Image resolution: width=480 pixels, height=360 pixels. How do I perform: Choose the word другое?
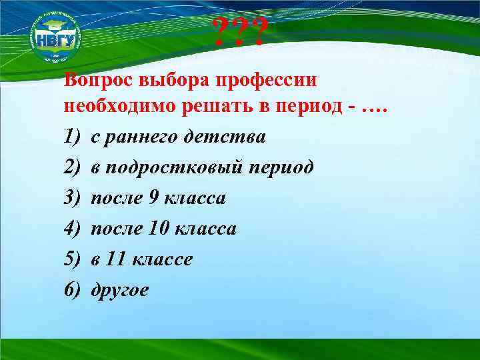click(120, 291)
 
